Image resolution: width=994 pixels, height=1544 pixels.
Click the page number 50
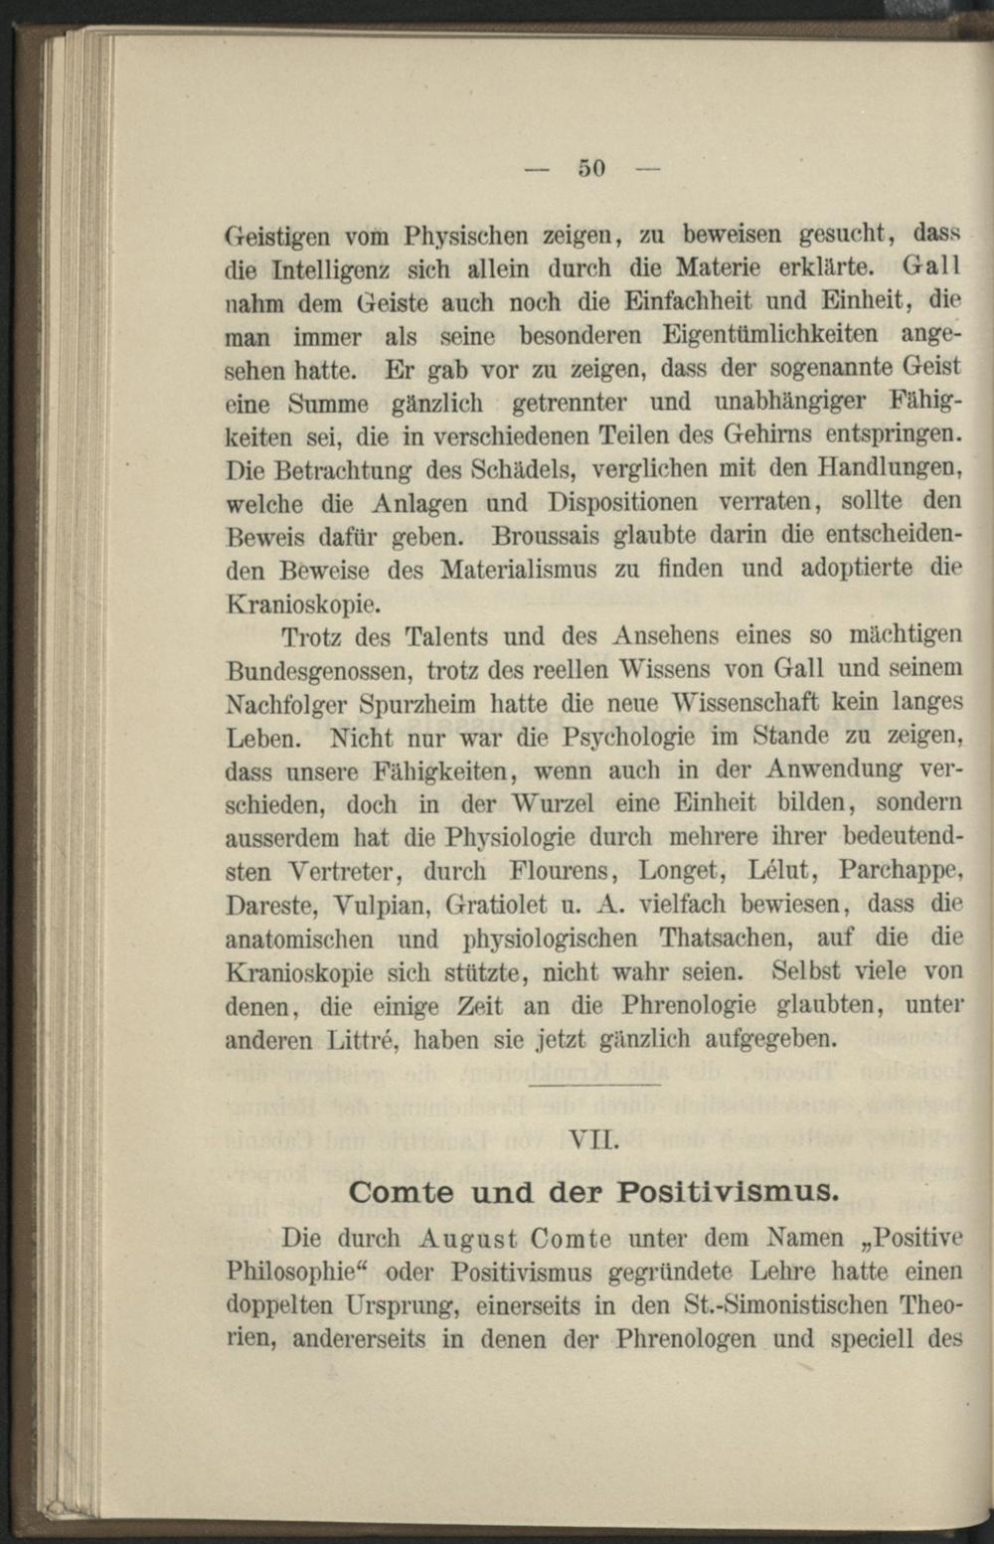coord(591,168)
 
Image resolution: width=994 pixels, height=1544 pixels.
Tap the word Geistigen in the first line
coord(279,238)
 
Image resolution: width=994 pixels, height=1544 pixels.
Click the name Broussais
coord(546,536)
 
